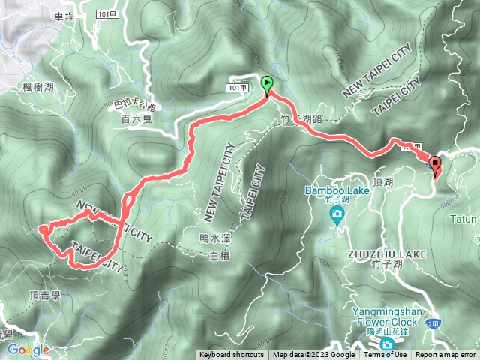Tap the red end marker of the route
coord(436,165)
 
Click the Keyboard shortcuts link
coord(231,355)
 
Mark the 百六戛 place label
coord(136,118)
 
